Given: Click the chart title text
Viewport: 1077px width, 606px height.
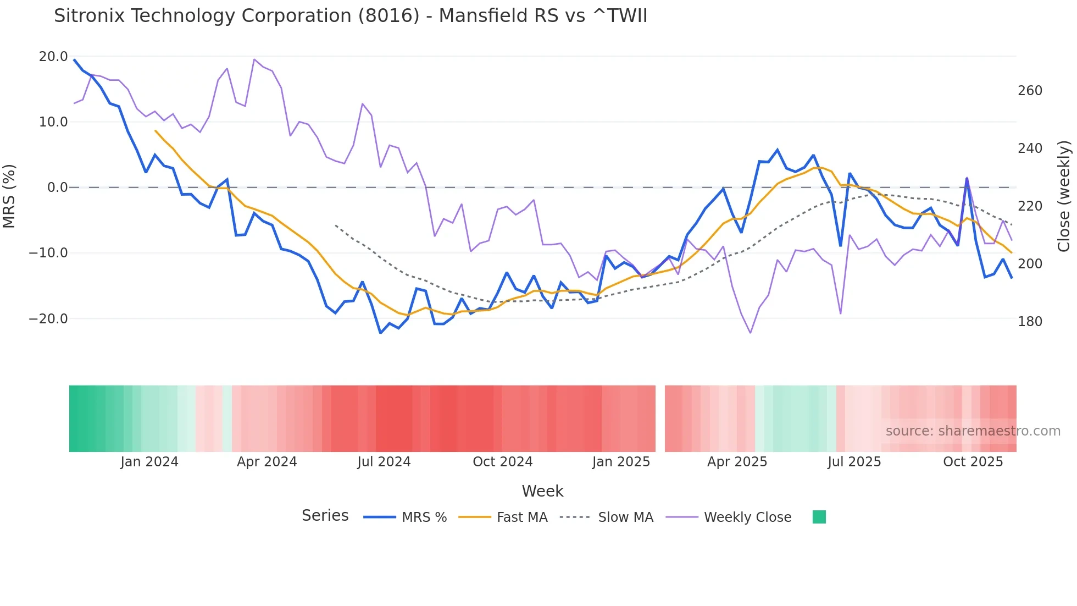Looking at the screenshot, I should coord(351,16).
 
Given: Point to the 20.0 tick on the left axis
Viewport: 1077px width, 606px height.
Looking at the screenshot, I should coord(53,57).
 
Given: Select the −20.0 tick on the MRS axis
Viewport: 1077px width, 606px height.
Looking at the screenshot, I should coord(48,319).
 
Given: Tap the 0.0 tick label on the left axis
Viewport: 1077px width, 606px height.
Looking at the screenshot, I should coord(57,188).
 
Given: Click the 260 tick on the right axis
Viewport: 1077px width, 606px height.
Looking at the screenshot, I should coord(1030,91).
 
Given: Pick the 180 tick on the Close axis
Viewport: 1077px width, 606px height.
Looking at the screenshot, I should coord(1030,322).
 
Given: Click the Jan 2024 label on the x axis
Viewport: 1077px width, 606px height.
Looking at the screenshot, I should coord(149,462).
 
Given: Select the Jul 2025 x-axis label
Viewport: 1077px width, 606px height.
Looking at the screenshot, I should coord(854,462).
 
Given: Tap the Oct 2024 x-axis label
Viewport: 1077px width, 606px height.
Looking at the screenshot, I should coord(502,462).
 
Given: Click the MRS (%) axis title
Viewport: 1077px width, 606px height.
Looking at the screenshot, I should coord(9,196).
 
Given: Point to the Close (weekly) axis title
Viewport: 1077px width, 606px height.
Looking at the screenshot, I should coord(1064,196).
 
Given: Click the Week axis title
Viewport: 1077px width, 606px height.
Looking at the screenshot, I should coord(542,491).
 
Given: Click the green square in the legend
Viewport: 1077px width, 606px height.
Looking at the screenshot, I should coord(819,517).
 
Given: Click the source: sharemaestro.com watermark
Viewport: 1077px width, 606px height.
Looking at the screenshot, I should coord(973,431).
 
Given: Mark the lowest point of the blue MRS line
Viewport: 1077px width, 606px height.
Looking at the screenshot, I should coord(380,333).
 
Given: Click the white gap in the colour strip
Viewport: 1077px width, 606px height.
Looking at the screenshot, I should coord(660,418).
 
